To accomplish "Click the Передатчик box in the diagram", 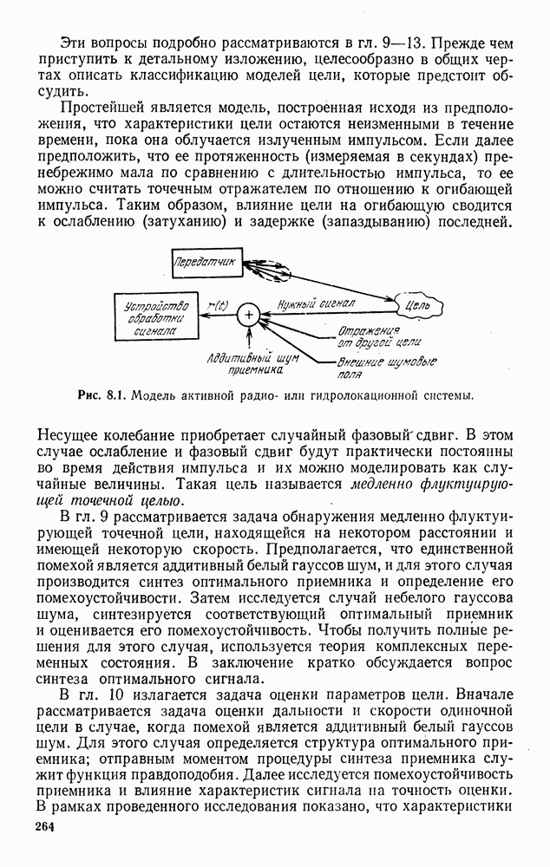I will point(204,261).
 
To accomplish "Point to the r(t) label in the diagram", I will point(218,304).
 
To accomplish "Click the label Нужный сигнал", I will point(316,304).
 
